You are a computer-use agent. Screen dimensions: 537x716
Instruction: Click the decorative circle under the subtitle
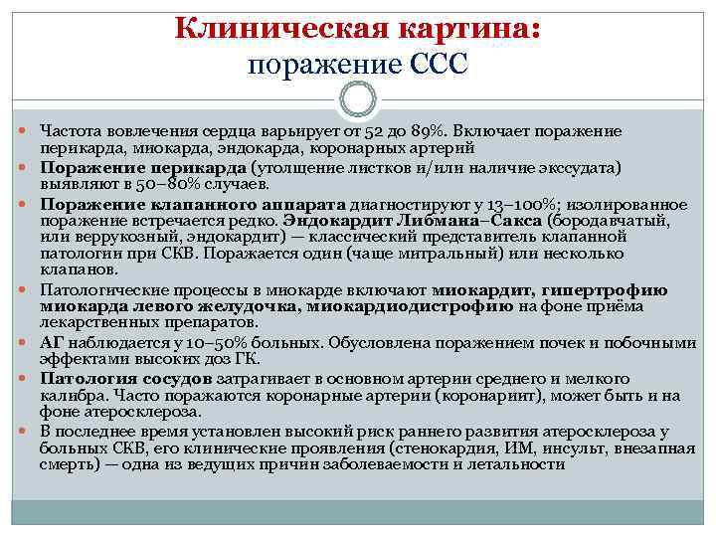357,99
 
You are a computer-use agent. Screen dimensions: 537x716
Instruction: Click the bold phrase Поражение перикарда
144,167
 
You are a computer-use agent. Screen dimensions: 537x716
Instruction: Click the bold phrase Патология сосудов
125,378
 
